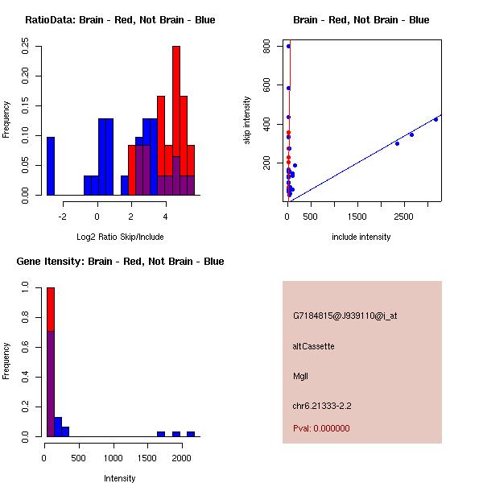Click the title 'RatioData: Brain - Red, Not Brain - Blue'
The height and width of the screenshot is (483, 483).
(x=120, y=20)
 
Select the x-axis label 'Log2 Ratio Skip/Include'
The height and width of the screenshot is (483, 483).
(x=120, y=237)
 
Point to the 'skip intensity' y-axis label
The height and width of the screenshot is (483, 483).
(x=247, y=121)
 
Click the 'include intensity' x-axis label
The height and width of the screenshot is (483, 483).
(x=361, y=237)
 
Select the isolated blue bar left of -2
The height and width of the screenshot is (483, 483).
(x=51, y=165)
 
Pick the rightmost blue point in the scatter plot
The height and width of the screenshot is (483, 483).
(x=436, y=119)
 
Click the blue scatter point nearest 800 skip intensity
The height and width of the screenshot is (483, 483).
(x=288, y=46)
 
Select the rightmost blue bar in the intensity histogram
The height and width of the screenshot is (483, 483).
(x=191, y=434)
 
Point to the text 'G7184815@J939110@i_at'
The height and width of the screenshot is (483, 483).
(x=345, y=316)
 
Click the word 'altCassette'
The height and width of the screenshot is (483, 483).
(x=313, y=346)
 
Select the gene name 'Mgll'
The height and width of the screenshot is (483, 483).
(x=300, y=376)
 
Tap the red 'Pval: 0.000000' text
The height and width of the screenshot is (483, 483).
(x=321, y=428)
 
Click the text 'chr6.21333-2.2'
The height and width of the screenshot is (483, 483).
(x=322, y=405)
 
